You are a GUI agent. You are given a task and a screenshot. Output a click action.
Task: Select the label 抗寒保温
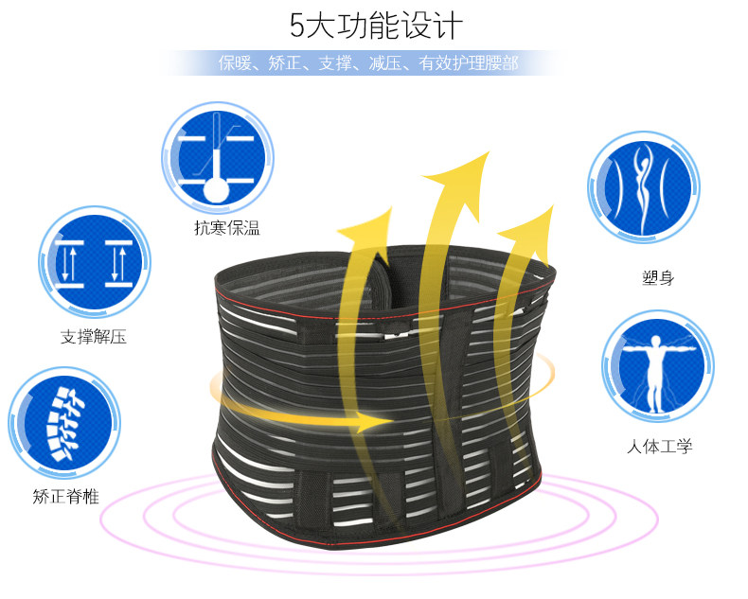(x=226, y=227)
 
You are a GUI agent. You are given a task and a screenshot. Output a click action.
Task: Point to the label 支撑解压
(x=94, y=336)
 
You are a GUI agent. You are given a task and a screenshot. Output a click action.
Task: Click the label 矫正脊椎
(x=65, y=496)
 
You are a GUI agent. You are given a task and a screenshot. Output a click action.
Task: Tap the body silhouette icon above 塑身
(x=643, y=185)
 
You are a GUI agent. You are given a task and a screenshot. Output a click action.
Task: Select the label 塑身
(x=657, y=279)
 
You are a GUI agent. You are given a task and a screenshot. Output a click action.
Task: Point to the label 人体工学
(x=660, y=445)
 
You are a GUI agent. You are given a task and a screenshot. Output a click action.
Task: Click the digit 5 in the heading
(x=296, y=25)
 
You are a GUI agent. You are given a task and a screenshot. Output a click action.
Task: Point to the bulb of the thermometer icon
(x=217, y=187)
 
